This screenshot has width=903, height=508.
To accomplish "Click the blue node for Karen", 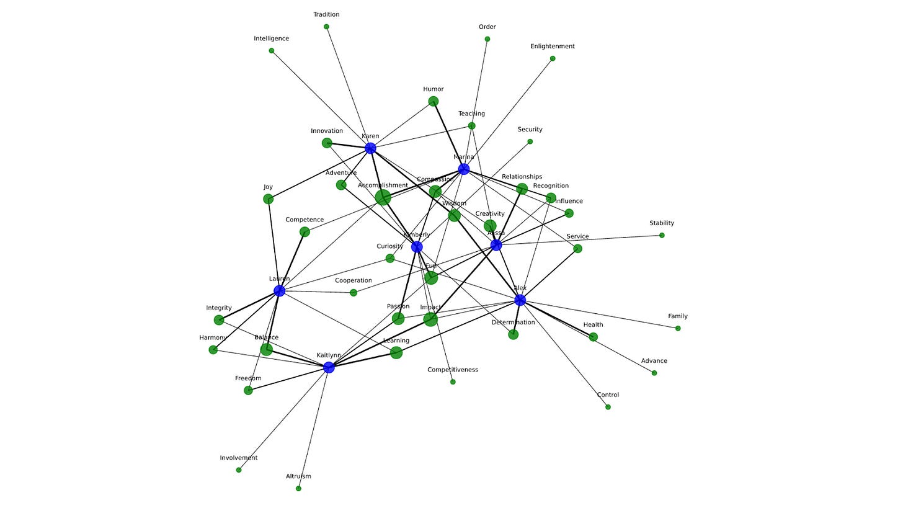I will pyautogui.click(x=370, y=148).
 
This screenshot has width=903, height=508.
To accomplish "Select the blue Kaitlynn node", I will pyautogui.click(x=329, y=368).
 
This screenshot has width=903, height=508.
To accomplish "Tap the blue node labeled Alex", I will pyautogui.click(x=520, y=300).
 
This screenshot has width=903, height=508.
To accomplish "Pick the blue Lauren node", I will pyautogui.click(x=279, y=291).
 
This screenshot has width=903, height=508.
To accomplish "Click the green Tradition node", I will pyautogui.click(x=326, y=27).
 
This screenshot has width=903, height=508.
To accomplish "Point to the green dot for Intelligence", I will pyautogui.click(x=272, y=51).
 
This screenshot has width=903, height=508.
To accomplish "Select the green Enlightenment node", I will pyautogui.click(x=553, y=59).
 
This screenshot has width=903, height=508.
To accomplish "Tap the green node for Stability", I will pyautogui.click(x=662, y=236).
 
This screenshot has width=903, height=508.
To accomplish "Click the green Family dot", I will pyautogui.click(x=678, y=329).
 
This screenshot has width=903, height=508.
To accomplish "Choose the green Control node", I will pyautogui.click(x=608, y=408).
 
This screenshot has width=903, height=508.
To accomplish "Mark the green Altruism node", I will pyautogui.click(x=298, y=489).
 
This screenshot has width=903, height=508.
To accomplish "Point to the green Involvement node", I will pyautogui.click(x=239, y=470).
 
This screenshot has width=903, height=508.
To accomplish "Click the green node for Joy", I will pyautogui.click(x=268, y=199).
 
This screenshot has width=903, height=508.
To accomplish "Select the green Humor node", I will pyautogui.click(x=434, y=102).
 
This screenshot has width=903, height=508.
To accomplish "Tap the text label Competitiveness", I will pyautogui.click(x=453, y=370).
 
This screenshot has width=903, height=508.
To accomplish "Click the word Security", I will pyautogui.click(x=530, y=130).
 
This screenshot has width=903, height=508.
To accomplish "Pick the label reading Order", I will pyautogui.click(x=487, y=27).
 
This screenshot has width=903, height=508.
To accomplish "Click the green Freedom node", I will pyautogui.click(x=248, y=391).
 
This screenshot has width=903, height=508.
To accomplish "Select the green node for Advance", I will pyautogui.click(x=654, y=373).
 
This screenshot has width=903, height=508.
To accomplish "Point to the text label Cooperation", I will pyautogui.click(x=354, y=281).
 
